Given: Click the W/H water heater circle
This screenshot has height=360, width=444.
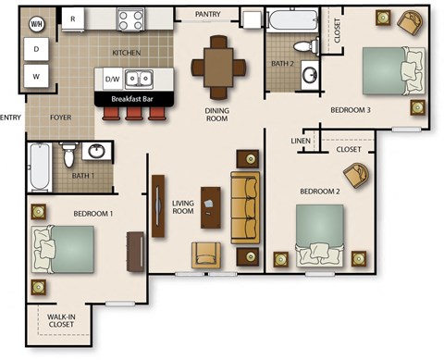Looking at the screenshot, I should tap(37, 22).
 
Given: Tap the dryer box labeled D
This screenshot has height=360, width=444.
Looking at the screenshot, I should tap(37, 48).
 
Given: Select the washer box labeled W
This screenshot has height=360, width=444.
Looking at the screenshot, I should tap(37, 76).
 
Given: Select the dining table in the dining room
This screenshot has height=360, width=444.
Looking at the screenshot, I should tap(219, 66).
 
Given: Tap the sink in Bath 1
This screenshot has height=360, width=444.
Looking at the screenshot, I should tap(96, 151).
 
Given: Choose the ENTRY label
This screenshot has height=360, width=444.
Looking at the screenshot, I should tap(11, 118).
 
